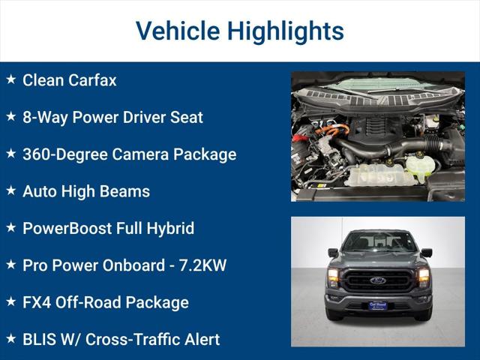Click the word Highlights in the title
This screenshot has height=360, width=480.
click(x=286, y=31)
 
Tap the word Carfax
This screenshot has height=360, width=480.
click(x=93, y=80)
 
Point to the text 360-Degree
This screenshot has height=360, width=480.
click(x=64, y=154)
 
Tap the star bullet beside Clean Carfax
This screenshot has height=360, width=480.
click(x=11, y=79)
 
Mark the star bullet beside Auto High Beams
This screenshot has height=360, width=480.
click(x=11, y=190)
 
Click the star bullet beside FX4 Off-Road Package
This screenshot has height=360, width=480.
click(x=11, y=301)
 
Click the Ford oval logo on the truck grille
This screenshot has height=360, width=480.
click(x=378, y=280)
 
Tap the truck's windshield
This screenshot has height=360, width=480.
click(x=378, y=242)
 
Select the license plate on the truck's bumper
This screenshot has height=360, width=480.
click(x=378, y=305)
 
